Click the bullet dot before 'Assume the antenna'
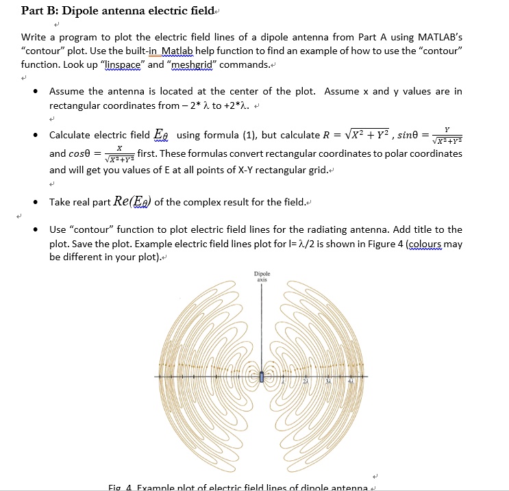click(x=34, y=92)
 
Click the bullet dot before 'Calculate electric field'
click(x=34, y=136)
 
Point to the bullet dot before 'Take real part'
click(x=34, y=202)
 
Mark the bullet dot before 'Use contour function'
click(x=34, y=229)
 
